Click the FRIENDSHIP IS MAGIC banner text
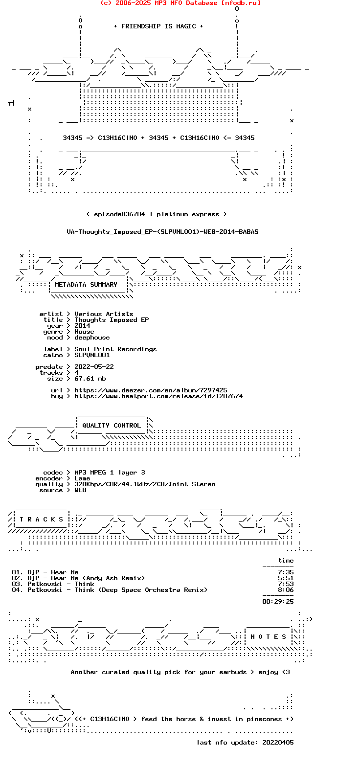tap(158, 26)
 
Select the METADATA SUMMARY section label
tap(86, 285)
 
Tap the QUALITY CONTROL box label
tap(111, 426)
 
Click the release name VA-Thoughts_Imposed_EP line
tap(162, 232)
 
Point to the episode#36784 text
tap(119, 214)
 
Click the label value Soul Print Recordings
tap(115, 349)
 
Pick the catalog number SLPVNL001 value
tap(92, 355)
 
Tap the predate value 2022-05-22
tap(94, 367)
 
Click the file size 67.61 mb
tap(90, 379)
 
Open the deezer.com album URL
tap(151, 390)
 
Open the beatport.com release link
tap(158, 396)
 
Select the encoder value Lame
tap(82, 478)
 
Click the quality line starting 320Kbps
tap(145, 484)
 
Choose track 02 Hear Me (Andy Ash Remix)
tap(78, 579)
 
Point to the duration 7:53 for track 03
tap(286, 584)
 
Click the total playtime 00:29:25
tap(278, 602)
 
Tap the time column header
tap(286, 561)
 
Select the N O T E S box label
tap(268, 637)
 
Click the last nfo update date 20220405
tap(278, 743)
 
